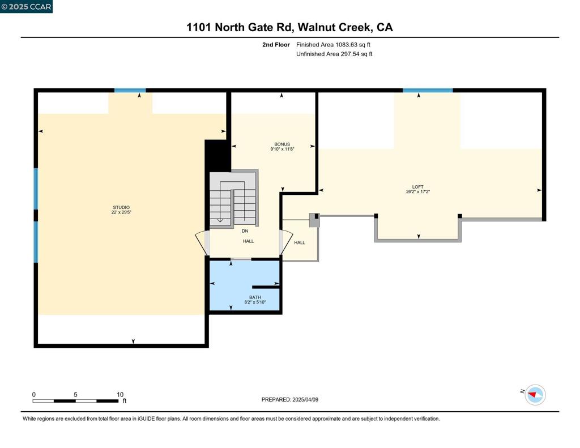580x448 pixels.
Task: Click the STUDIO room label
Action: tap(121, 207)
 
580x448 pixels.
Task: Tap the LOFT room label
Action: tap(417, 187)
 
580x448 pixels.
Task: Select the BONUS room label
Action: tap(282, 144)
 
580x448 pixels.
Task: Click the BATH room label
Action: tap(255, 297)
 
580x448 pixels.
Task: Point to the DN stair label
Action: tap(245, 231)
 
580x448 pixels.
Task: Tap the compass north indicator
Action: tap(535, 394)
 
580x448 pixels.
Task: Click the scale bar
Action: tap(75, 401)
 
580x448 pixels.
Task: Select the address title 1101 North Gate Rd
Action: tap(289, 27)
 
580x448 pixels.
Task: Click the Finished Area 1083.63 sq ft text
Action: tap(334, 44)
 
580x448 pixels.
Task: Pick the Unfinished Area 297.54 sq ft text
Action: tap(334, 54)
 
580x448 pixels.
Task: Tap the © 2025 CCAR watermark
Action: tap(26, 7)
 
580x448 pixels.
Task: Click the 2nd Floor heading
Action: tap(276, 44)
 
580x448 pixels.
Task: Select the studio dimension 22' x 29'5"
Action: tap(121, 212)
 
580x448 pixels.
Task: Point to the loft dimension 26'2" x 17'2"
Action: tap(417, 191)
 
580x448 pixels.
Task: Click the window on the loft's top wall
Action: tap(428, 90)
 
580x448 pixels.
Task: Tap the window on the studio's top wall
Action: tap(130, 90)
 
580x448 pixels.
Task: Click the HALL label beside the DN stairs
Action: tap(248, 241)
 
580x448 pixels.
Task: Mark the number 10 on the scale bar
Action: tap(120, 395)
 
